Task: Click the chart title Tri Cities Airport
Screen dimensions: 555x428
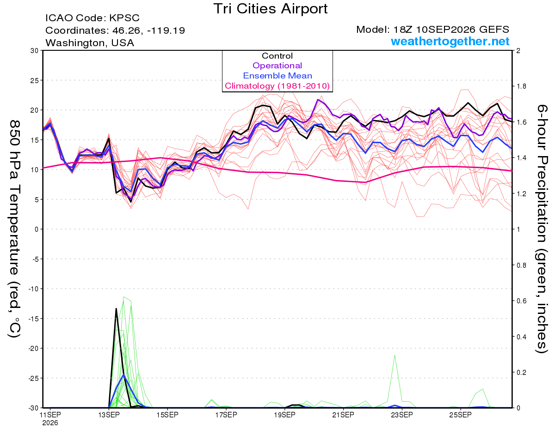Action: (x=270, y=9)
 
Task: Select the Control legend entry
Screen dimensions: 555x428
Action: (x=277, y=56)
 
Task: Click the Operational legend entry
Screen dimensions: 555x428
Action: (x=277, y=66)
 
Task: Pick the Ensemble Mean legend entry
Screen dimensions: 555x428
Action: (x=277, y=76)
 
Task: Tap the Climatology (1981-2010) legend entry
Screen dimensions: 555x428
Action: (x=277, y=86)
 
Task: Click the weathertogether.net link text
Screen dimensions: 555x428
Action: (x=450, y=41)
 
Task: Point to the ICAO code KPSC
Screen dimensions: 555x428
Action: (x=124, y=18)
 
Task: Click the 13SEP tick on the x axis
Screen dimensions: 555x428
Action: (x=109, y=415)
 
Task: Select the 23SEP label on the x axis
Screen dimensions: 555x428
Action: (x=402, y=415)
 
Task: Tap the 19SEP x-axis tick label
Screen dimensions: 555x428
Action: (x=285, y=415)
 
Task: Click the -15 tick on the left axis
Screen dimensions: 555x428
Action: (x=33, y=319)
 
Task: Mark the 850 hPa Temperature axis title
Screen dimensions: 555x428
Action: (x=15, y=229)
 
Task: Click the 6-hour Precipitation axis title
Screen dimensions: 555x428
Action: (x=542, y=229)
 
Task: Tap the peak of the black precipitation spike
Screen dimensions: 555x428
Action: (x=116, y=309)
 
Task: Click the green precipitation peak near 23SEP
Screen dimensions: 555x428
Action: (x=395, y=356)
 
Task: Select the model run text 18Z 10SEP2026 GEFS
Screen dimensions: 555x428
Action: (x=451, y=30)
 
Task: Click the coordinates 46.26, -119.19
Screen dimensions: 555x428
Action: (x=148, y=30)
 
